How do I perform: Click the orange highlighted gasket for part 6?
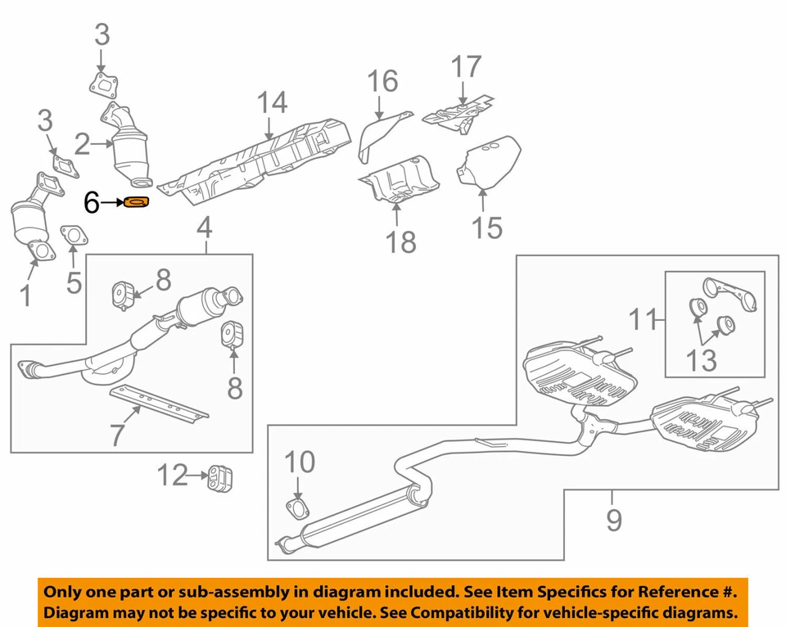pyautogui.click(x=137, y=202)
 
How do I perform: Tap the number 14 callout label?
pyautogui.click(x=273, y=103)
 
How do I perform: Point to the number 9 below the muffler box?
pyautogui.click(x=614, y=520)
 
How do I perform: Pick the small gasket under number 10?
pyautogui.click(x=298, y=511)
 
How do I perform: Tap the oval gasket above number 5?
pyautogui.click(x=73, y=237)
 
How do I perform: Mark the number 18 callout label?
pyautogui.click(x=401, y=241)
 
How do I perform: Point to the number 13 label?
pyautogui.click(x=702, y=359)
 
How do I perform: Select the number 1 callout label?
pyautogui.click(x=25, y=295)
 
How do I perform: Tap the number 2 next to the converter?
pyautogui.click(x=83, y=146)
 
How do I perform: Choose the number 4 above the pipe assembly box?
pyautogui.click(x=204, y=227)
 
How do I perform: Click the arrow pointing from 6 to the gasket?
pyautogui.click(x=111, y=201)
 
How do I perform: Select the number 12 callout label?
pyautogui.click(x=173, y=475)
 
